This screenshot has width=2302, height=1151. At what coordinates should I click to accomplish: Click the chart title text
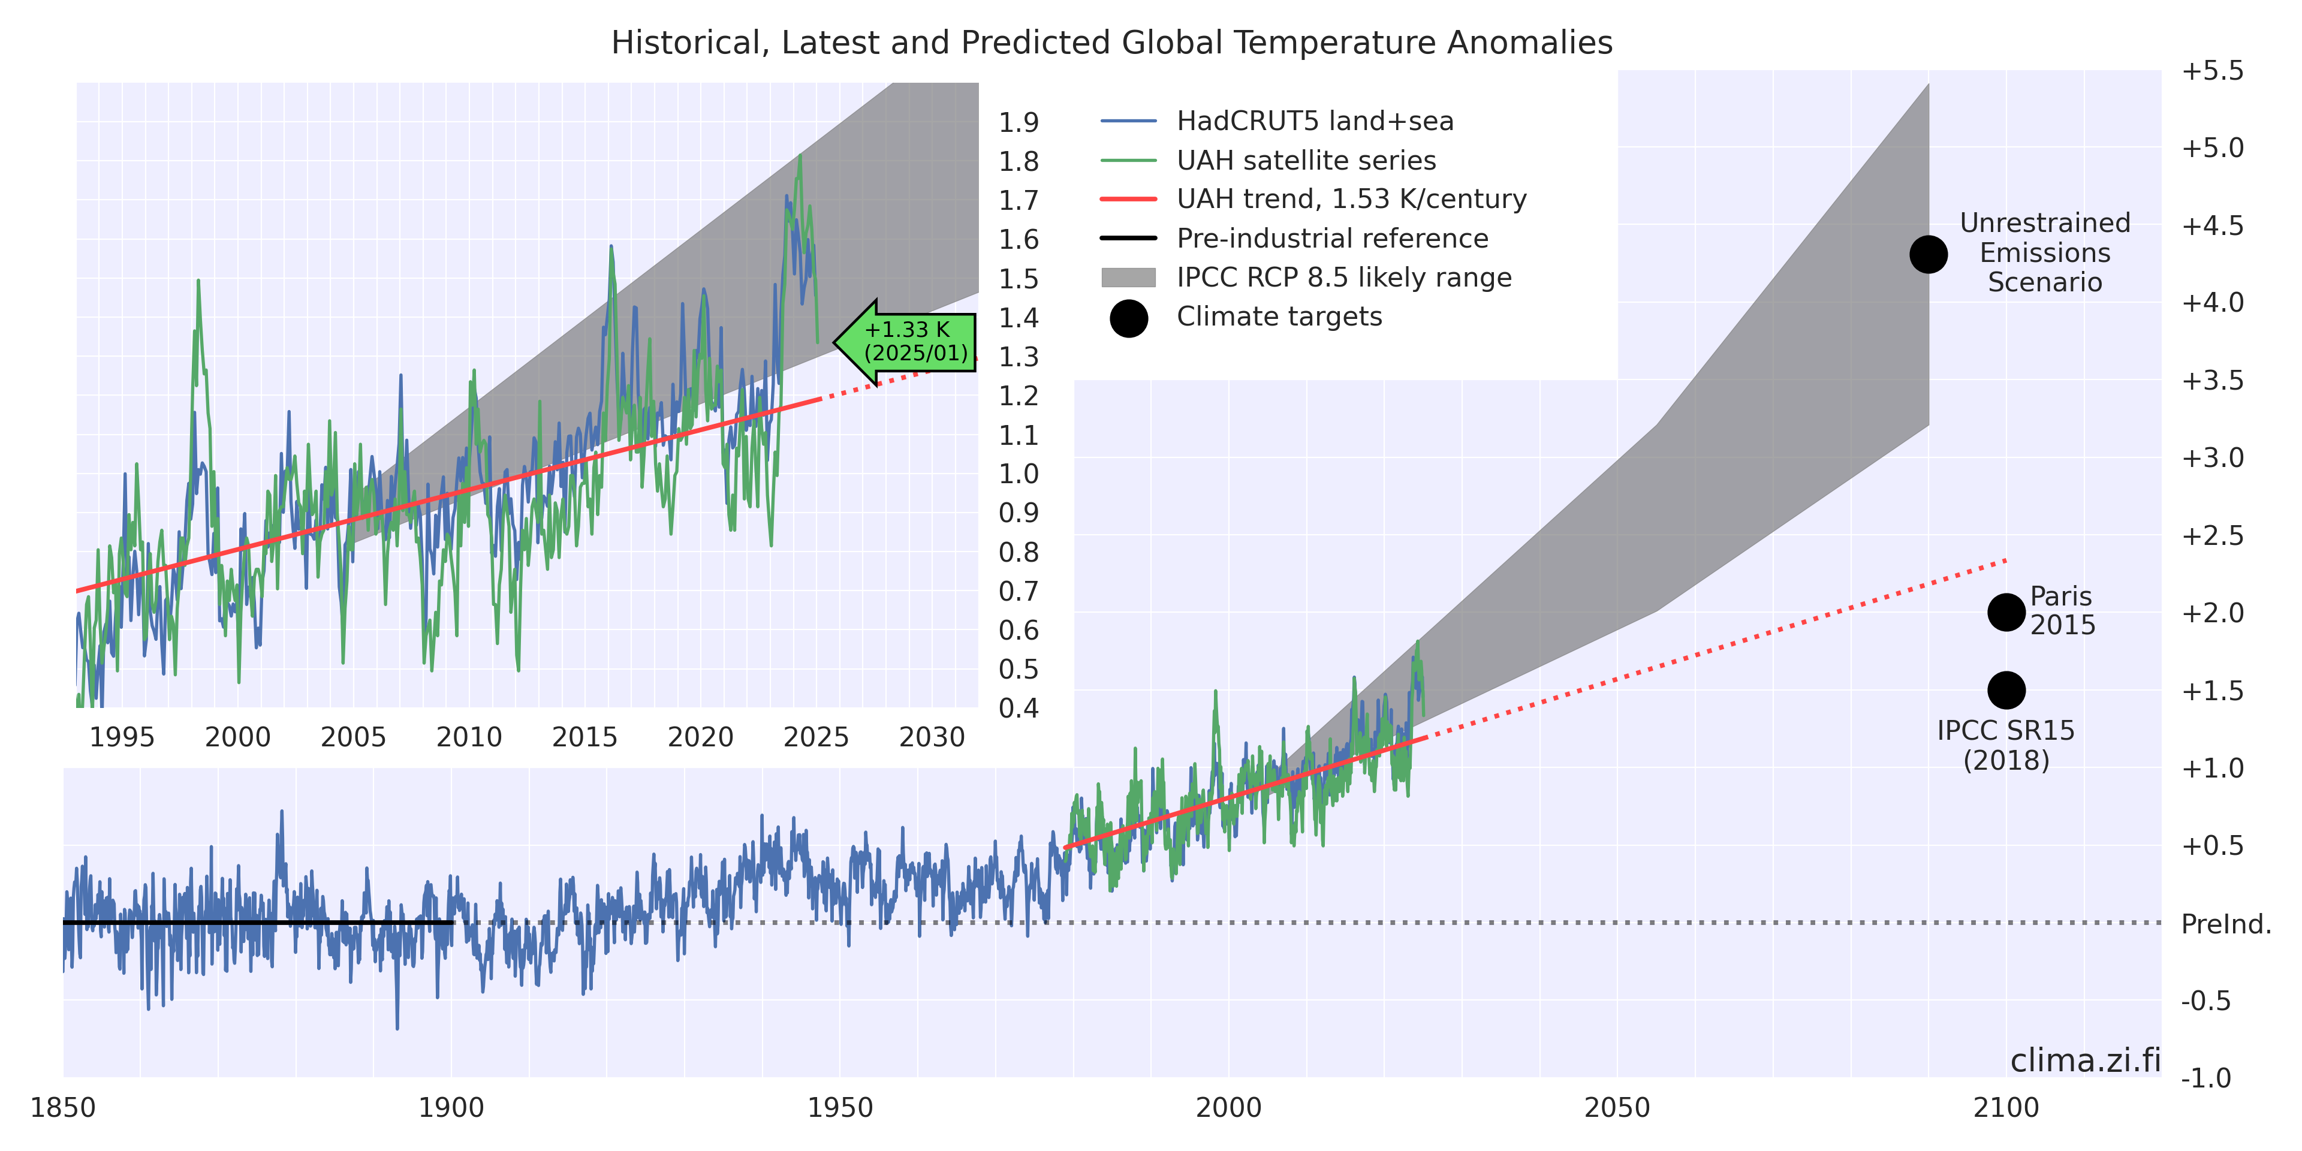[x=1111, y=43]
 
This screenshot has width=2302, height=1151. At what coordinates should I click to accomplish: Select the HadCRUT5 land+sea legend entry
[x=1313, y=120]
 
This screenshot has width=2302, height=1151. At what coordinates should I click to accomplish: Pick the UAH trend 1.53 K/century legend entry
[x=1350, y=198]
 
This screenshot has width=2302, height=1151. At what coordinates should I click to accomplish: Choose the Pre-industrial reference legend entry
[x=1331, y=239]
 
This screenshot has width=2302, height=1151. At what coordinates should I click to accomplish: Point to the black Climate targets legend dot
[x=1129, y=318]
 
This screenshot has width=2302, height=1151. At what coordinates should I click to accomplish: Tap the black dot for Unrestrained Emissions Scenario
[x=1929, y=255]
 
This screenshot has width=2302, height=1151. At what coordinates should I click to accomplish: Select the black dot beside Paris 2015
[x=2006, y=612]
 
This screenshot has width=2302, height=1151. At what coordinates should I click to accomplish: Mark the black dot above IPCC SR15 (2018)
[x=2006, y=690]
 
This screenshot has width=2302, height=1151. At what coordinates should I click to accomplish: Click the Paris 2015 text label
[x=2062, y=610]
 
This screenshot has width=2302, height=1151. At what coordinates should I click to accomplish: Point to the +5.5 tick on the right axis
[x=2211, y=71]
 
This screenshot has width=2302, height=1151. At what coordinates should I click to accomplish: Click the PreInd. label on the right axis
[x=2226, y=924]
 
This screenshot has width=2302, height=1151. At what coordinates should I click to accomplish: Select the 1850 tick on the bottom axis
[x=62, y=1108]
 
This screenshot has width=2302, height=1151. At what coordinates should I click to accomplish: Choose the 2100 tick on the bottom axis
[x=2006, y=1108]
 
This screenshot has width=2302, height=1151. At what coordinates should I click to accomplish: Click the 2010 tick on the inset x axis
[x=469, y=737]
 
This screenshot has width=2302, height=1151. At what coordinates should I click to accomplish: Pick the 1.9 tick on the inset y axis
[x=1019, y=122]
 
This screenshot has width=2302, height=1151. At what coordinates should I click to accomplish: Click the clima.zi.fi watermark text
[x=2085, y=1060]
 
